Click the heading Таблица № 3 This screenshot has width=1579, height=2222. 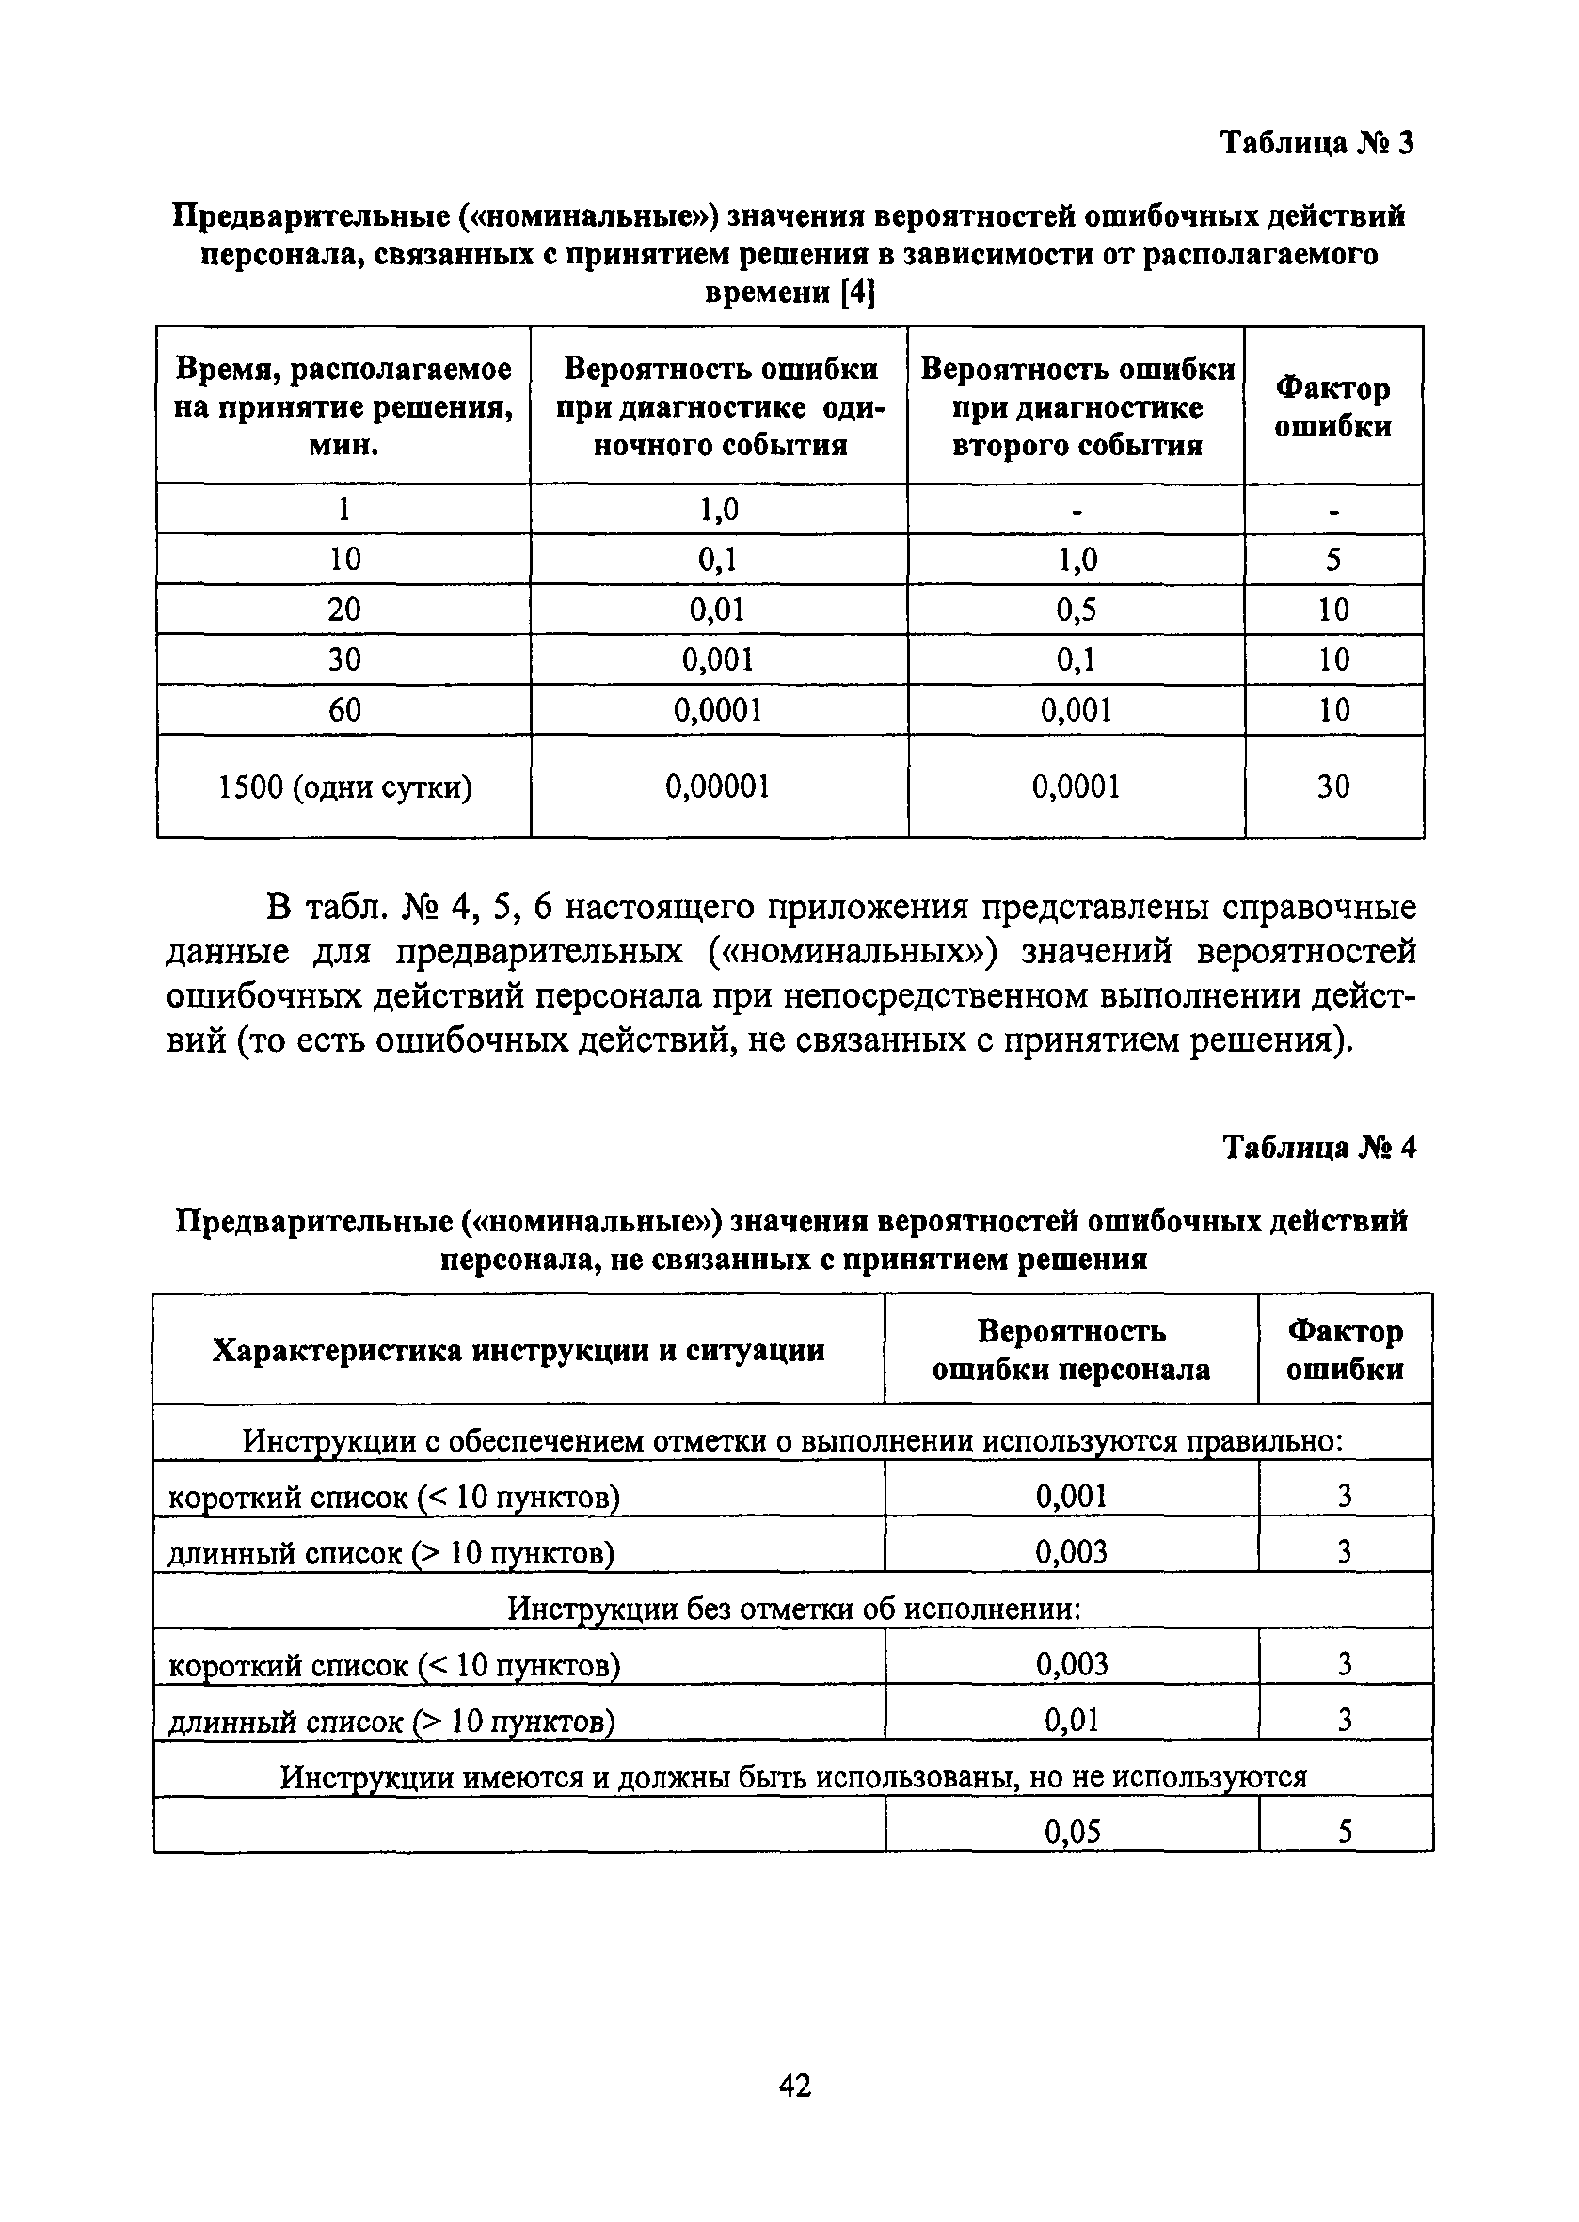coord(1316,143)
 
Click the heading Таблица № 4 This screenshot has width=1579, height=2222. coord(1318,1148)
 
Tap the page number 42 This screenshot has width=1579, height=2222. coord(794,2085)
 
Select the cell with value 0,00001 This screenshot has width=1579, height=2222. coord(718,786)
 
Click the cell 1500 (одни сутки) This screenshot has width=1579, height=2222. coord(344,786)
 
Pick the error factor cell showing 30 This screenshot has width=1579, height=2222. coord(1333,786)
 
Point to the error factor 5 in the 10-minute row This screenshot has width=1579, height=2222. coord(1333,559)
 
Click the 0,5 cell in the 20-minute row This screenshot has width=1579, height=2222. coord(1076,610)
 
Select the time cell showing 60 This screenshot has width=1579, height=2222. coord(344,709)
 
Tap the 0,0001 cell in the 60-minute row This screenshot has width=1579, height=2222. coord(718,709)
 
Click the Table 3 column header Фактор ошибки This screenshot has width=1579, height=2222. coord(1333,407)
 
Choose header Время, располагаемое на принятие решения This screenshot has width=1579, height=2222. coord(343,407)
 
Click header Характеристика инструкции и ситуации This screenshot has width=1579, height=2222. coord(518,1350)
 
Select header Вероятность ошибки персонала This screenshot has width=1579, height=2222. coord(1071,1350)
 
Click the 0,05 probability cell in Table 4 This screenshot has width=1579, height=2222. coord(1072,1833)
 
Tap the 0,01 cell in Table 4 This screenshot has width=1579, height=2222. coord(1072,1721)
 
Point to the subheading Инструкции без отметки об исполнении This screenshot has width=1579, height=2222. coord(793,1609)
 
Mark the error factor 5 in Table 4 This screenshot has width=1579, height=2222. coord(1345,1833)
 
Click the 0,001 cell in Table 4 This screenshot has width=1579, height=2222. coord(1072,1496)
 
